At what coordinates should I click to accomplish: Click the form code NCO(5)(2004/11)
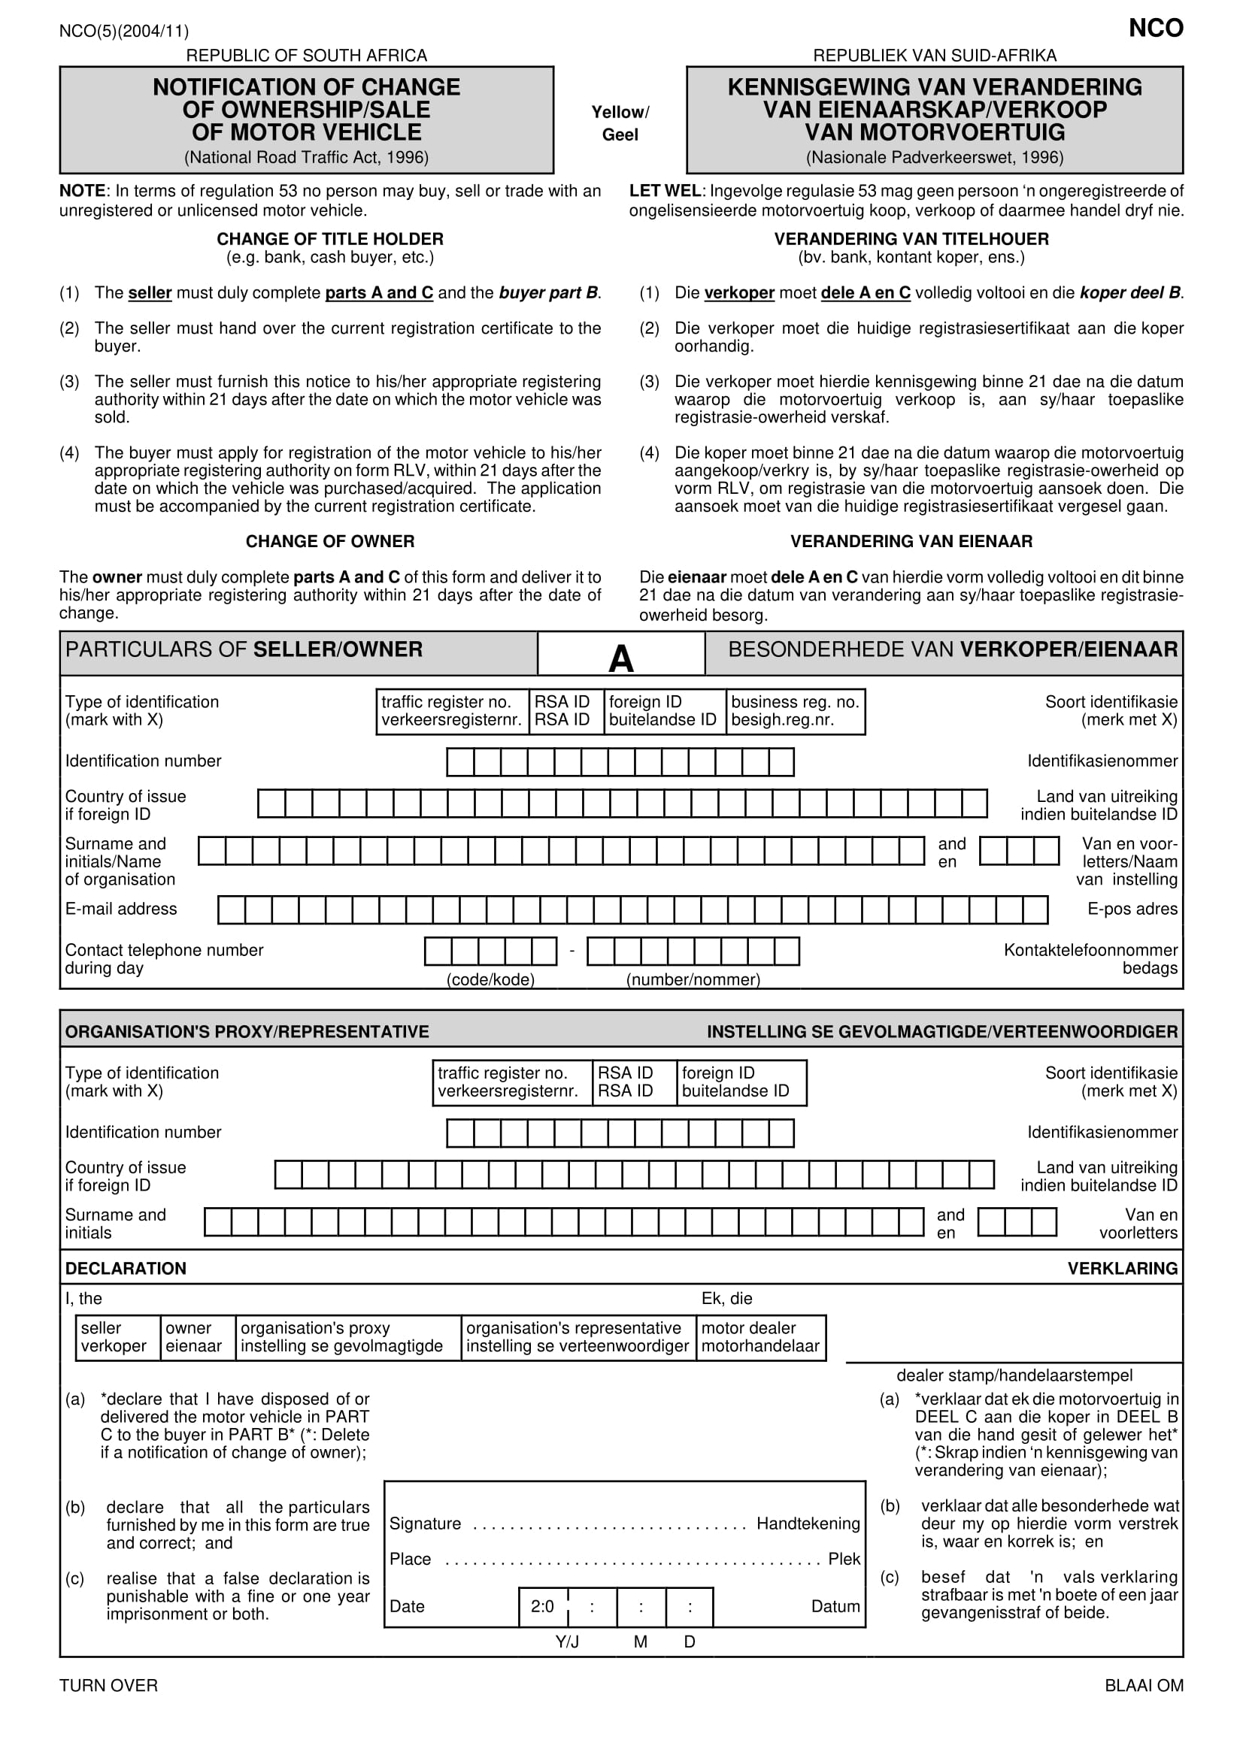(x=124, y=32)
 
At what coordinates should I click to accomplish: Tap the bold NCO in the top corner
(x=1155, y=29)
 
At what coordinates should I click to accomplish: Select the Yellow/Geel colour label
(x=620, y=123)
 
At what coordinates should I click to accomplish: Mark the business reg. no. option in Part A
(x=795, y=711)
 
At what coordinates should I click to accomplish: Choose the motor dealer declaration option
(x=759, y=1337)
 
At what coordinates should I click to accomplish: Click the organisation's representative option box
(x=578, y=1337)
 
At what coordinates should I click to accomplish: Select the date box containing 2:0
(x=543, y=1606)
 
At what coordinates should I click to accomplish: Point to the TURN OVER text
(x=109, y=1685)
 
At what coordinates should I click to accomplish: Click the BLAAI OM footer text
(x=1144, y=1685)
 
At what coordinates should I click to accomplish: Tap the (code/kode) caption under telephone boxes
(x=490, y=979)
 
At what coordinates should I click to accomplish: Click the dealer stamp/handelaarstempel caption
(x=1014, y=1375)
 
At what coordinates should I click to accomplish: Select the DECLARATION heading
(x=126, y=1268)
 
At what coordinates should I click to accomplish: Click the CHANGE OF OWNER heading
(x=330, y=541)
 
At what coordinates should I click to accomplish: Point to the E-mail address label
(x=121, y=909)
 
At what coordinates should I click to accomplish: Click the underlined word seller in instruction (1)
(x=150, y=292)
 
